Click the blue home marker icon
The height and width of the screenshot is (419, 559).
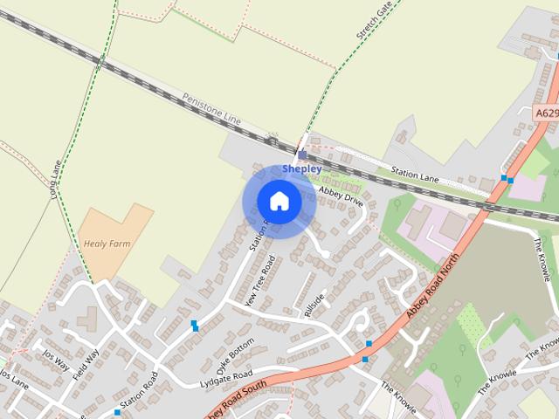click(x=279, y=201)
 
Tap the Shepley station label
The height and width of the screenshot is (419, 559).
click(x=301, y=168)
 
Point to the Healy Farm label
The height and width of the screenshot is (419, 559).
click(x=107, y=244)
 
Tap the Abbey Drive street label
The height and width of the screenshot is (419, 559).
click(x=341, y=196)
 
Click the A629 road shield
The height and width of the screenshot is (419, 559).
click(x=546, y=113)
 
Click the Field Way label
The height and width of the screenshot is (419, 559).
click(x=85, y=364)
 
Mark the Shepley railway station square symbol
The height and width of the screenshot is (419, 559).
click(x=301, y=155)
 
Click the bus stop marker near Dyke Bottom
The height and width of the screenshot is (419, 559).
click(x=194, y=326)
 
